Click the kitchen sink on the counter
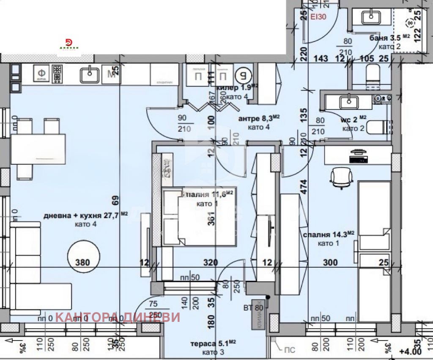click(90, 75)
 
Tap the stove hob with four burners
click(57, 75)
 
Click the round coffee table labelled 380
click(83, 257)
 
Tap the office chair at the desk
click(341, 177)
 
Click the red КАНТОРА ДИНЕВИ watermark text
click(118, 317)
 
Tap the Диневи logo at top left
click(69, 44)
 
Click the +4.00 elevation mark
click(411, 351)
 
